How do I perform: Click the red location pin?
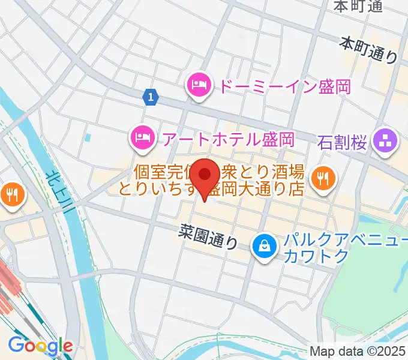[x=206, y=176]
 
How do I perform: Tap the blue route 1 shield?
[x=151, y=96]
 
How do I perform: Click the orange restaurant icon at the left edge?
[x=10, y=193]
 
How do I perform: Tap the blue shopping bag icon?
[x=263, y=245]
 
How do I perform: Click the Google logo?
[x=40, y=345]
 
